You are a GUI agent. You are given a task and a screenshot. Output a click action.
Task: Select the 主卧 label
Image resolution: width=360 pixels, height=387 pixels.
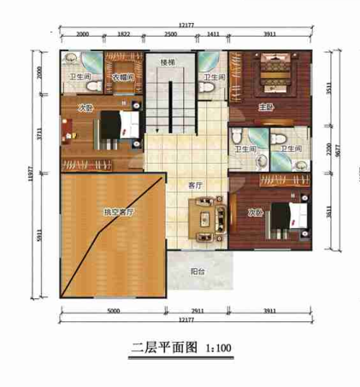pos(266,107)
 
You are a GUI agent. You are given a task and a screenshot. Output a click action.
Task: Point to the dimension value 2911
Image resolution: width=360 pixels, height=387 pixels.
pos(198,311)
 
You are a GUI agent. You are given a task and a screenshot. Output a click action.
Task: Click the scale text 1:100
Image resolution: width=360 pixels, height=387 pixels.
pos(217,348)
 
